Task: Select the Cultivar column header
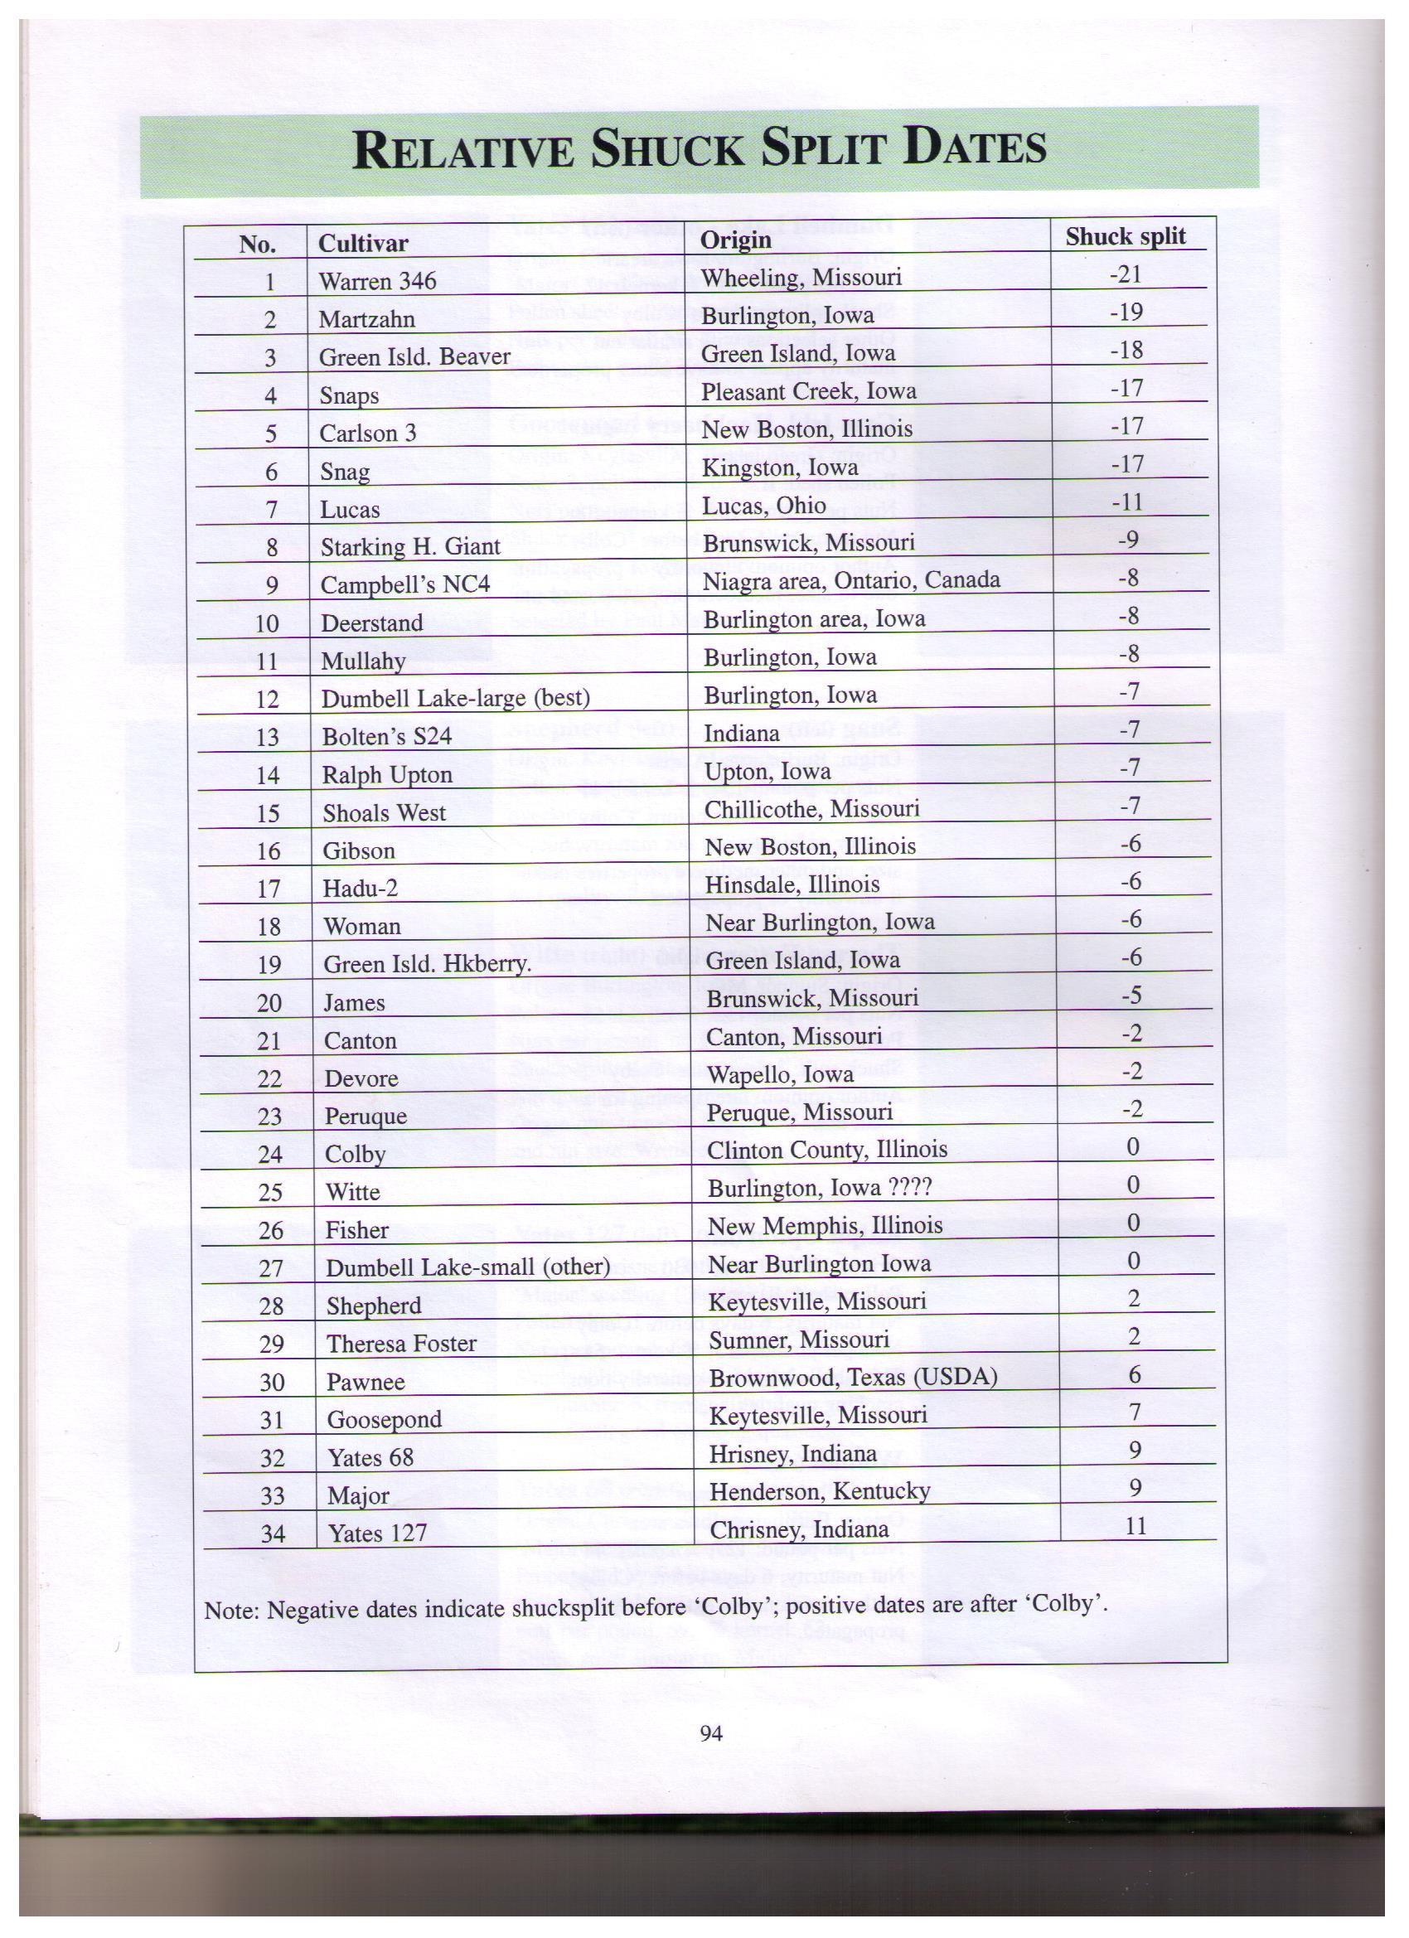[x=362, y=244]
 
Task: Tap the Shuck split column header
[x=1125, y=237]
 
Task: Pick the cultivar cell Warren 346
[x=377, y=281]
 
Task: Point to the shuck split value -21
[x=1126, y=274]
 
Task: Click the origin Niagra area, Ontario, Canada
[x=850, y=581]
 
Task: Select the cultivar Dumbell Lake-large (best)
[x=455, y=699]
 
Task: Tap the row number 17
[x=269, y=889]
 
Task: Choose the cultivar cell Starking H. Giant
[x=410, y=547]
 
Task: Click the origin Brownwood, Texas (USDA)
[x=853, y=1378]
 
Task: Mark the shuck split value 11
[x=1135, y=1525]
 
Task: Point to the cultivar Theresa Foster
[x=401, y=1344]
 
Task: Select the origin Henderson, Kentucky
[x=820, y=1492]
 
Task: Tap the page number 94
[x=711, y=1733]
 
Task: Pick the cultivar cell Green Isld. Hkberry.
[x=427, y=966]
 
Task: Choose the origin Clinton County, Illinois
[x=826, y=1151]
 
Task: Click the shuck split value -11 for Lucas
[x=1127, y=502]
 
